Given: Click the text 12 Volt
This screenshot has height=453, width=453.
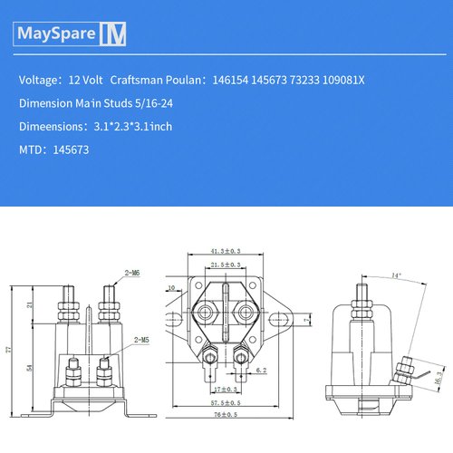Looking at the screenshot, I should pyautogui.click(x=83, y=81).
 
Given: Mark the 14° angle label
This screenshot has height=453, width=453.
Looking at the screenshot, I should pyautogui.click(x=395, y=275).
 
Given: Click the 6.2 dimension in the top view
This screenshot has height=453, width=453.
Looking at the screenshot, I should pyautogui.click(x=260, y=371).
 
